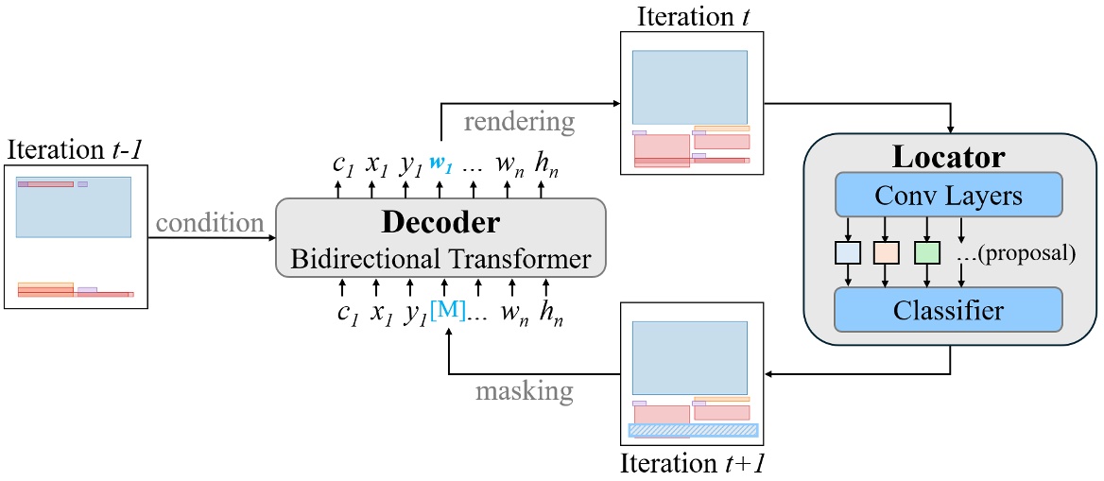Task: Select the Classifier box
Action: coord(948,307)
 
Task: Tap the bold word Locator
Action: coord(950,157)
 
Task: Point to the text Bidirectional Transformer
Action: coord(440,257)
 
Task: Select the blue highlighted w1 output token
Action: coord(441,163)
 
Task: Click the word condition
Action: coord(210,224)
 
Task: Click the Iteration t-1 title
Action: coord(75,151)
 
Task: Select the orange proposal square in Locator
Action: coord(886,253)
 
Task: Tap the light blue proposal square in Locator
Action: coord(847,253)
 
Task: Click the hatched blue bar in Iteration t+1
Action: coord(693,430)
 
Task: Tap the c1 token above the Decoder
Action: coord(342,163)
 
